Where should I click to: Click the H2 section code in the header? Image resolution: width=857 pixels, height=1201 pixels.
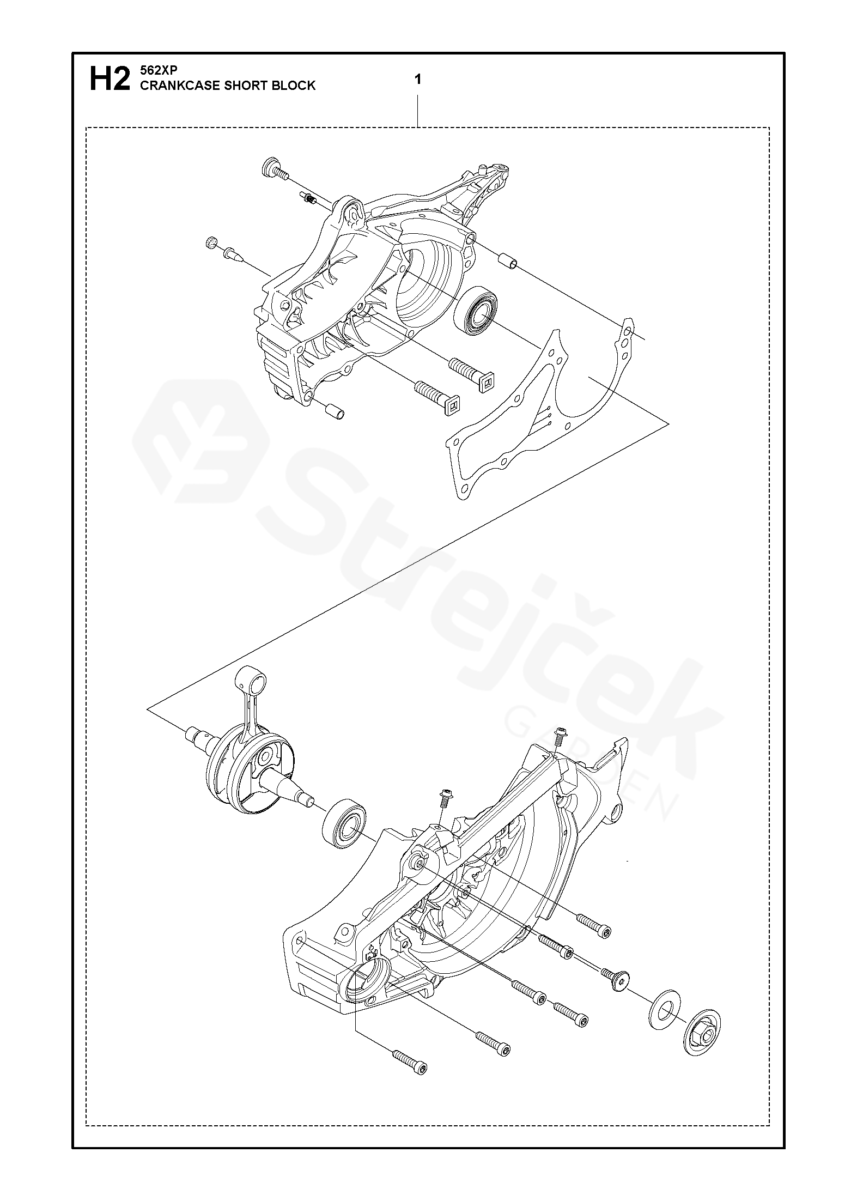point(110,80)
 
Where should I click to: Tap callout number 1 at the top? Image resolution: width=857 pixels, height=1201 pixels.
point(417,80)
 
